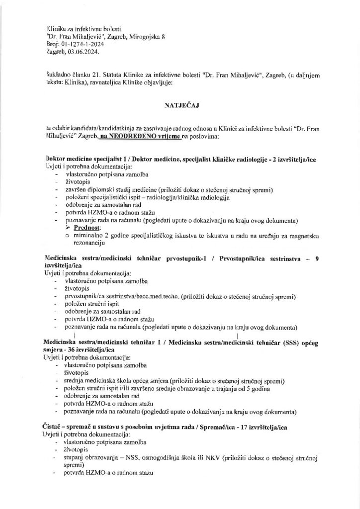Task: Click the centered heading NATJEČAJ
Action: [x=180, y=106]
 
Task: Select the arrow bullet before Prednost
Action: [x=69, y=227]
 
